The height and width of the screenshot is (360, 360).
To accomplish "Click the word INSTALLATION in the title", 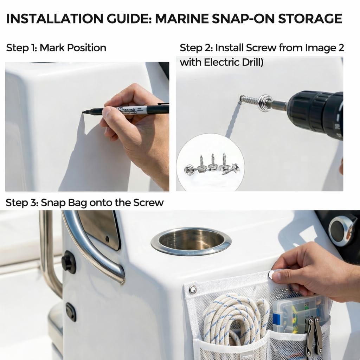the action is [54, 19].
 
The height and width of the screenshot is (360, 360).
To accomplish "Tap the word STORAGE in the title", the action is [310, 19].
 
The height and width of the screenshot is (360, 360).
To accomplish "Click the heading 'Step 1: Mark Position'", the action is [56, 48].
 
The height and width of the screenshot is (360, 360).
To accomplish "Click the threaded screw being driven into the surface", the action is [249, 100].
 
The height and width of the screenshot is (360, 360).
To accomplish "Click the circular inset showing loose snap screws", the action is [210, 162].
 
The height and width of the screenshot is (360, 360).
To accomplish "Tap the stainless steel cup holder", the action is [191, 241].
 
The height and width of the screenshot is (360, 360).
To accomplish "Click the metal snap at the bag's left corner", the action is [193, 290].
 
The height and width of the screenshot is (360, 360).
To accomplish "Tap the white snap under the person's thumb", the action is [272, 274].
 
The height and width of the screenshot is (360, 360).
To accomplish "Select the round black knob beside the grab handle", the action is [69, 262].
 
